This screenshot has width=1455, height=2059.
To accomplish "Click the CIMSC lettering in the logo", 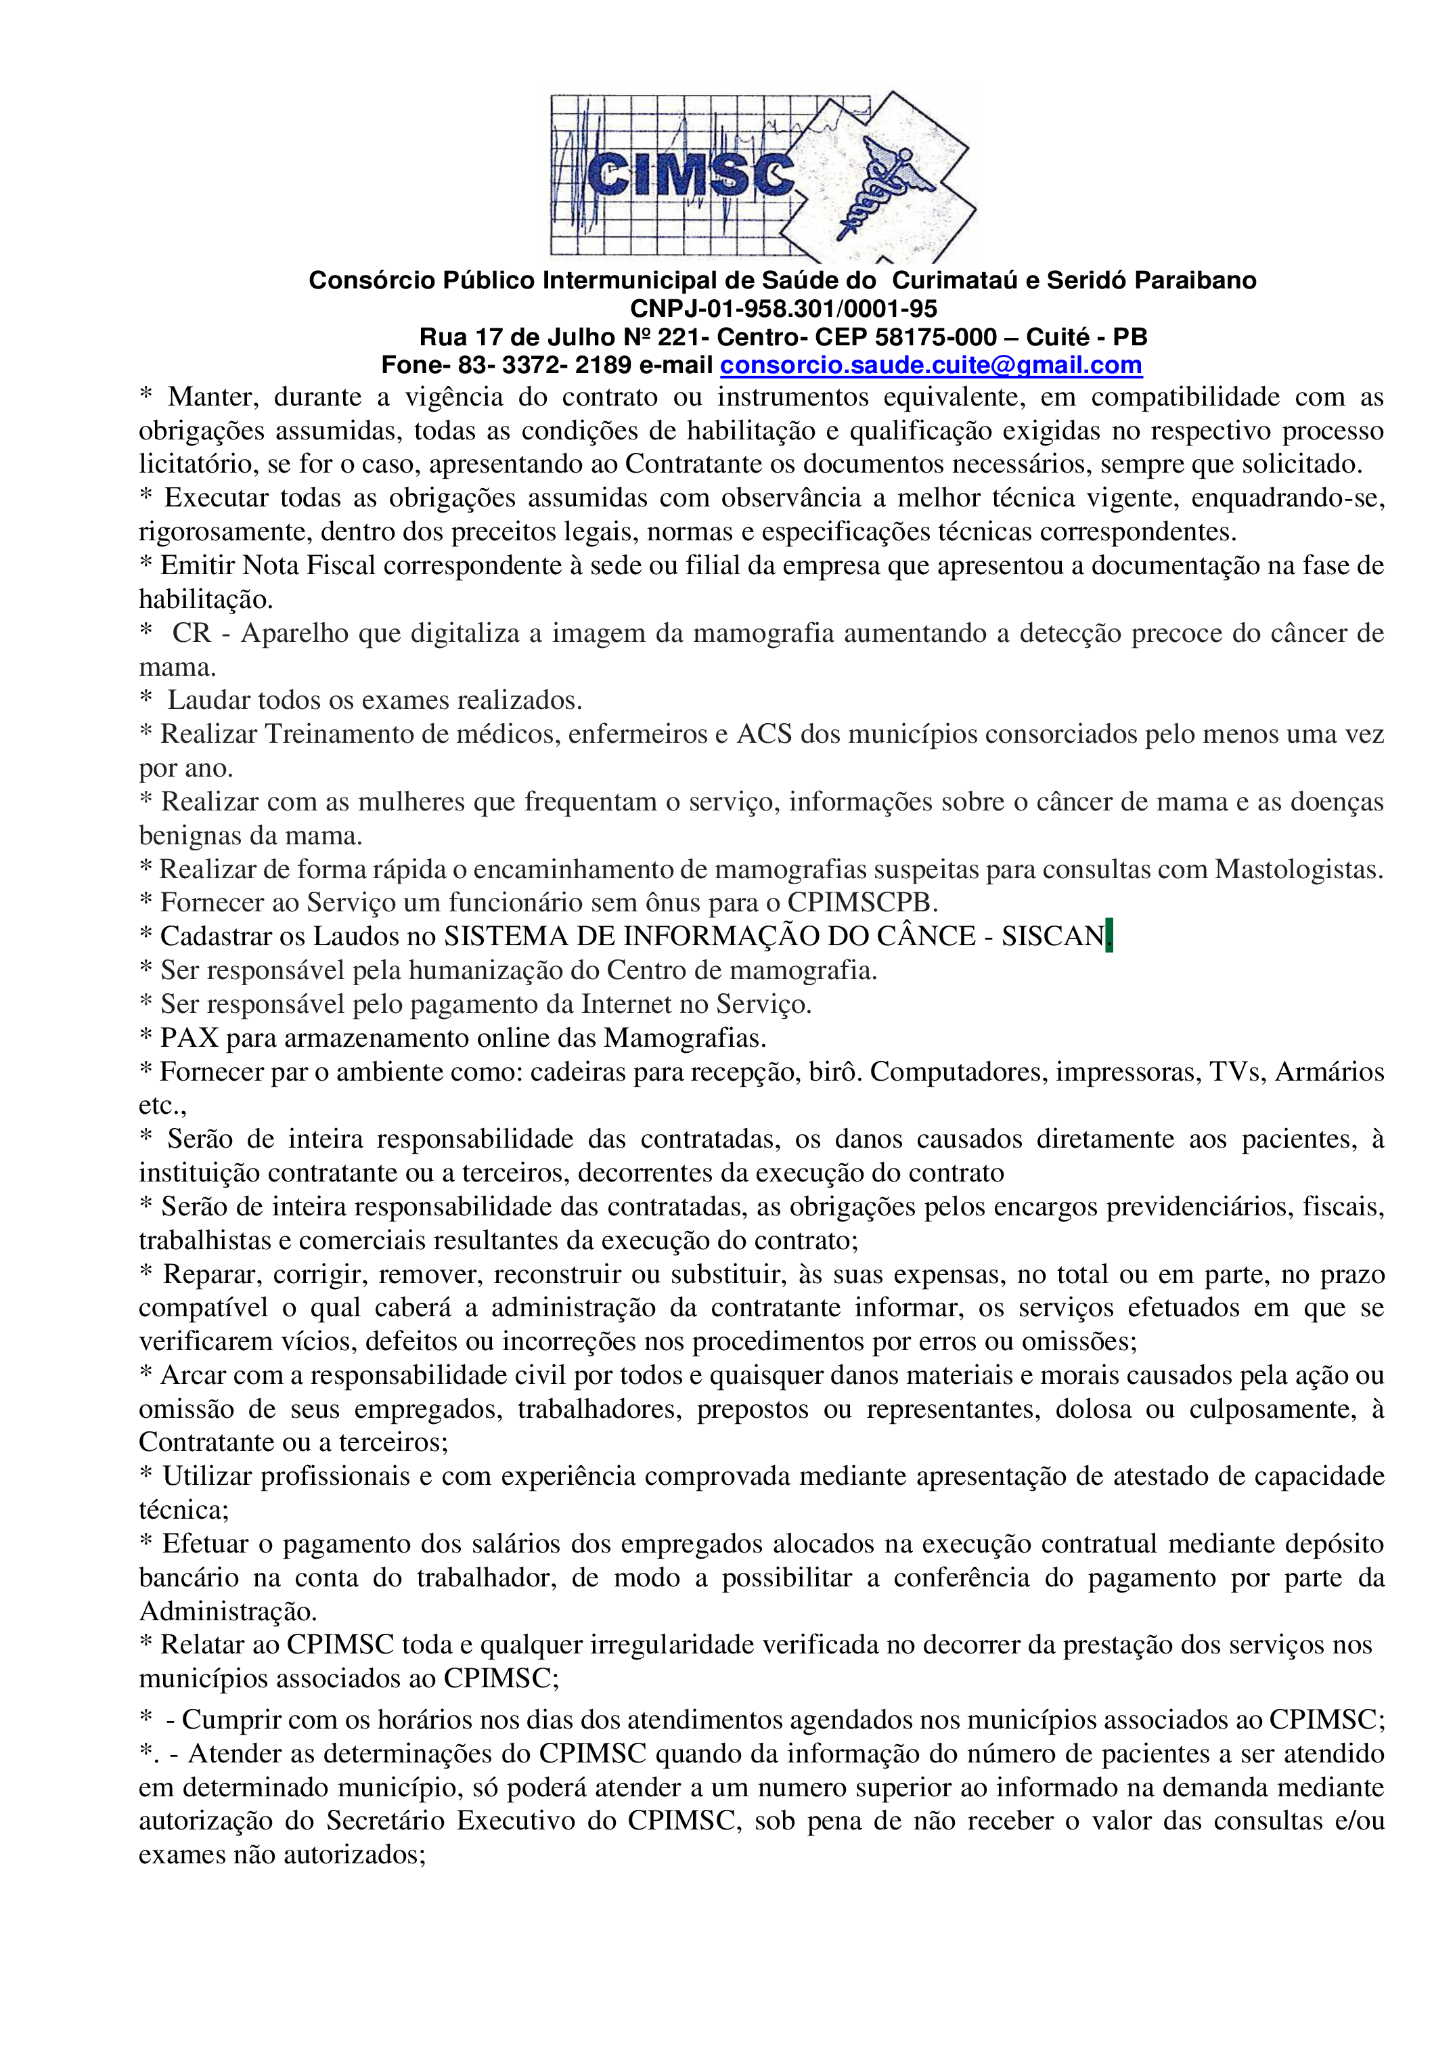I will coord(690,175).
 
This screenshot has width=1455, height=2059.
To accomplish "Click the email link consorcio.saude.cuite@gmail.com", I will coord(931,365).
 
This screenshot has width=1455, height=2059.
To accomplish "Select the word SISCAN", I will coord(1052,936).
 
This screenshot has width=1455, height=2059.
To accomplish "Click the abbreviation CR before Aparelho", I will coord(191,633).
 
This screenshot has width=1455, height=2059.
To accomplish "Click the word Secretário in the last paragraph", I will coord(386,1821).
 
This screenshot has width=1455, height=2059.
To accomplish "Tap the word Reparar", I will coord(210,1274).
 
